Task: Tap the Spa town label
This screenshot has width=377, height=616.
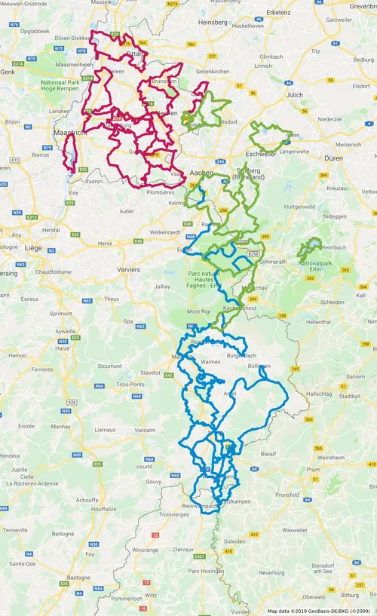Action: pos(128,321)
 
